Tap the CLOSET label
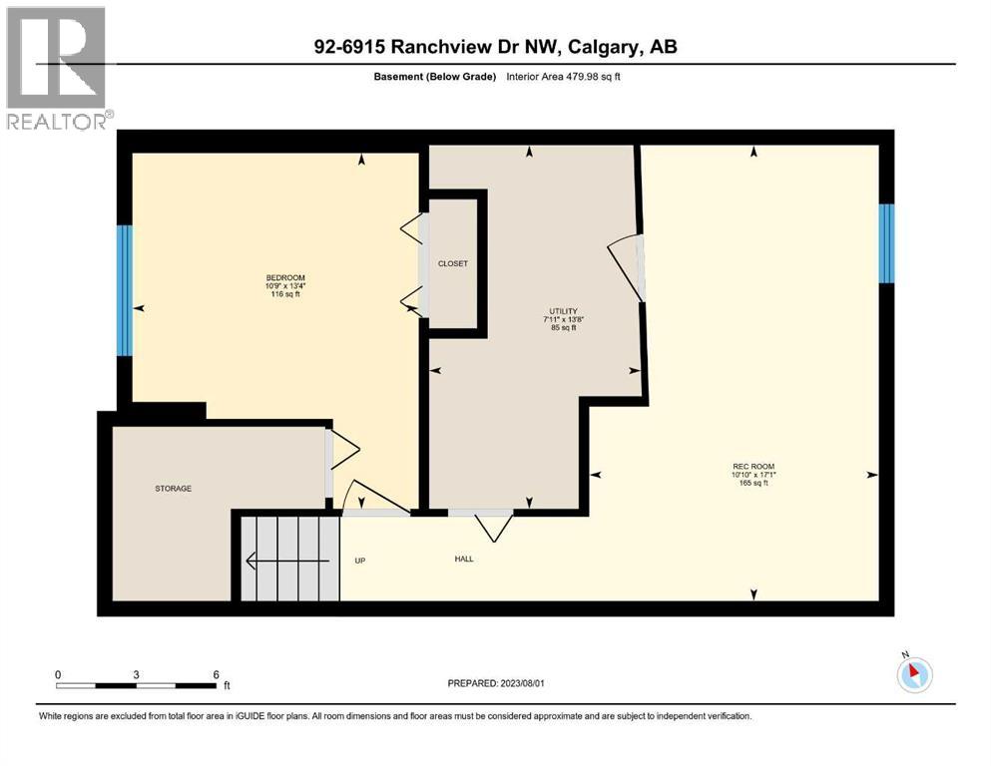[x=452, y=263]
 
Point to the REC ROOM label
[x=753, y=466]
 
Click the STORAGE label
[x=173, y=488]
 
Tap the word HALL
[x=463, y=559]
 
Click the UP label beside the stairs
[x=360, y=560]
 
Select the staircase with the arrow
[x=289, y=559]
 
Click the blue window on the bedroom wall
[x=125, y=290]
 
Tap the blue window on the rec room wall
[x=885, y=243]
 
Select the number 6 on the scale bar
[x=216, y=673]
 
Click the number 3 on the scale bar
[x=136, y=673]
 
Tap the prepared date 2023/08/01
[x=538, y=683]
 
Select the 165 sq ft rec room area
[x=753, y=484]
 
